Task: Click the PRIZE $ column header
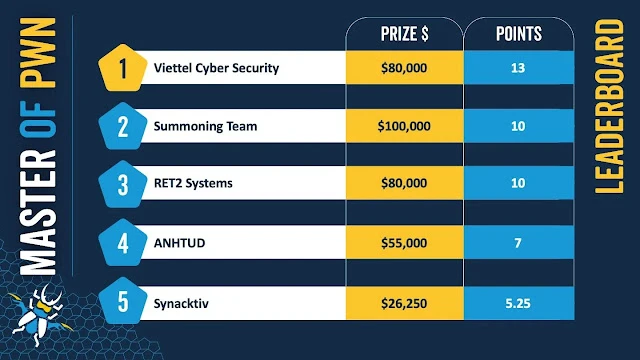tap(404, 34)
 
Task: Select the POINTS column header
tap(519, 34)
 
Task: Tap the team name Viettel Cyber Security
tap(216, 68)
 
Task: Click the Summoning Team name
tap(205, 126)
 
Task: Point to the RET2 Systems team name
tap(193, 183)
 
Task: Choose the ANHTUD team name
tap(179, 243)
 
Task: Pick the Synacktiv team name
tap(181, 303)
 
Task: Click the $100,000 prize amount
tap(404, 126)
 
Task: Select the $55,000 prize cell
tap(404, 243)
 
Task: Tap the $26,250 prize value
tap(404, 303)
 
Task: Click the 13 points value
tap(518, 68)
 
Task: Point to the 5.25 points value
tap(518, 303)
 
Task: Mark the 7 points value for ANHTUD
tap(518, 243)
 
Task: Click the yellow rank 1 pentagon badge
tap(122, 68)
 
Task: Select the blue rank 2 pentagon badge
tap(122, 126)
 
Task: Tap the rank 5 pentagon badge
tap(122, 301)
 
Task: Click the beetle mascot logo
tap(38, 315)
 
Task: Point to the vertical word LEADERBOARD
tap(609, 107)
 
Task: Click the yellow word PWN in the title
tap(38, 53)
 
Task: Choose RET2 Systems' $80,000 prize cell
tap(404, 183)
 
